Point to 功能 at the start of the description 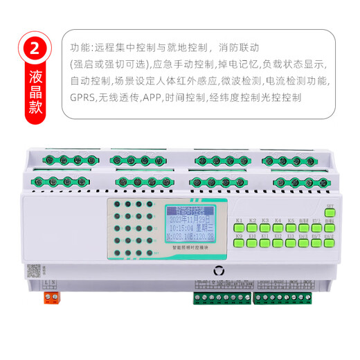tap(80, 48)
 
